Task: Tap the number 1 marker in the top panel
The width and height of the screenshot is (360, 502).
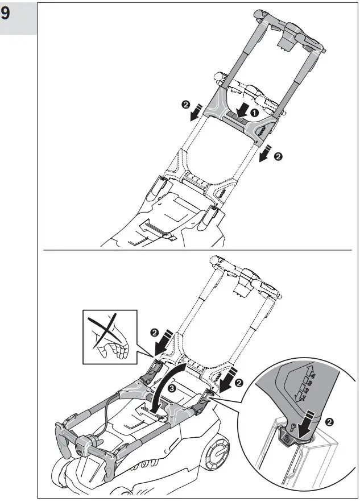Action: (254, 113)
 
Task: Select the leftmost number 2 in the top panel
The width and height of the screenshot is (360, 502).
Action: (185, 105)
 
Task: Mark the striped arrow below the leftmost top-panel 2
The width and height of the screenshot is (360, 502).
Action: (196, 115)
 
